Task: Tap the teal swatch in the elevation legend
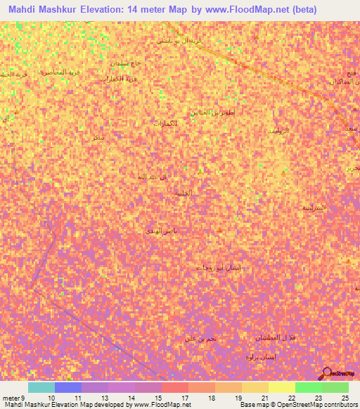[41, 387]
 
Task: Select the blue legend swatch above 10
[68, 387]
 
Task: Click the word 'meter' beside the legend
[11, 398]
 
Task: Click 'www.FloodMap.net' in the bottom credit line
[162, 405]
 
